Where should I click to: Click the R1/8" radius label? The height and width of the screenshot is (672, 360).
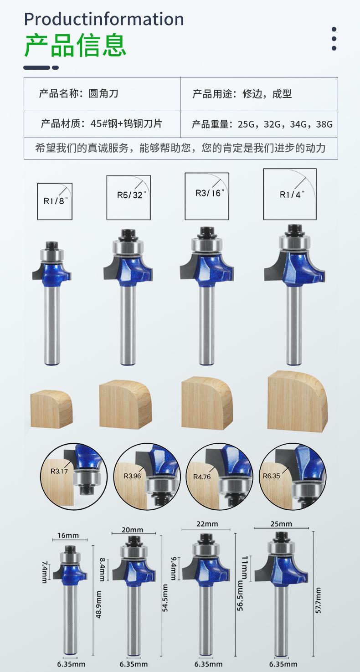pyautogui.click(x=56, y=201)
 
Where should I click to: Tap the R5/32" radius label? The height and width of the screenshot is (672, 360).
pyautogui.click(x=132, y=195)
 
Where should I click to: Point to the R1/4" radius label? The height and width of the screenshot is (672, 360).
pyautogui.click(x=292, y=195)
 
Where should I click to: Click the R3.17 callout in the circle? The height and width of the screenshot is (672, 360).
pyautogui.click(x=59, y=471)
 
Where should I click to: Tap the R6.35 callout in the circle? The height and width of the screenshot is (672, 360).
pyautogui.click(x=272, y=476)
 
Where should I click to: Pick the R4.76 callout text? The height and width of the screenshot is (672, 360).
pyautogui.click(x=202, y=477)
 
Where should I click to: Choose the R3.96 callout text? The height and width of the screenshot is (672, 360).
pyautogui.click(x=132, y=476)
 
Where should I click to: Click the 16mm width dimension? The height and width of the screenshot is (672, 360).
pyautogui.click(x=68, y=535)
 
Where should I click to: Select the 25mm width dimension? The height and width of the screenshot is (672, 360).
pyautogui.click(x=281, y=524)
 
